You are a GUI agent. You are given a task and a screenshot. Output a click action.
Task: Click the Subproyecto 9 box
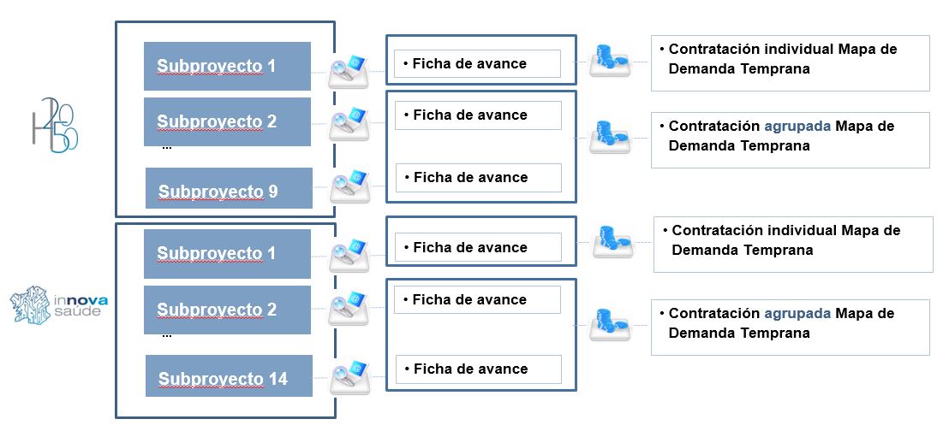[229, 188]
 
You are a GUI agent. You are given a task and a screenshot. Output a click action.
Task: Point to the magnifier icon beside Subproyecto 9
[349, 186]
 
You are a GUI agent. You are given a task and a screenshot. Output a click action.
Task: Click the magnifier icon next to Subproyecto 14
[349, 376]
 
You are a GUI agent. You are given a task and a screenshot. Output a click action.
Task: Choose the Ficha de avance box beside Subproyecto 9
[478, 178]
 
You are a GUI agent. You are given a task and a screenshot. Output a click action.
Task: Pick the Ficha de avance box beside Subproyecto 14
[478, 369]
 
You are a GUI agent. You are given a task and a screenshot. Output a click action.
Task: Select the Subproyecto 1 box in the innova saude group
[227, 254]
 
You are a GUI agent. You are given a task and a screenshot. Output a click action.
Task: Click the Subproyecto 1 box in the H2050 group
[227, 66]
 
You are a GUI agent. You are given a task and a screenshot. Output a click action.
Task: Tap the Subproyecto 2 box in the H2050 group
[227, 121]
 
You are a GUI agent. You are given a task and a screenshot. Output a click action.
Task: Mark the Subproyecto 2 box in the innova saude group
[227, 310]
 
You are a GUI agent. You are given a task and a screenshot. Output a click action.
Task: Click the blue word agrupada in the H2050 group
[797, 127]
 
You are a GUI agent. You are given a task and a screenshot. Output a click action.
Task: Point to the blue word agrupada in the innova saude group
[797, 314]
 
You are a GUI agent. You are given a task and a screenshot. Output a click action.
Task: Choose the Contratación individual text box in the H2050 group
[790, 62]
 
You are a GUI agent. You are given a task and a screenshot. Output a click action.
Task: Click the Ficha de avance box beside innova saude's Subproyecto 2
[477, 300]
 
